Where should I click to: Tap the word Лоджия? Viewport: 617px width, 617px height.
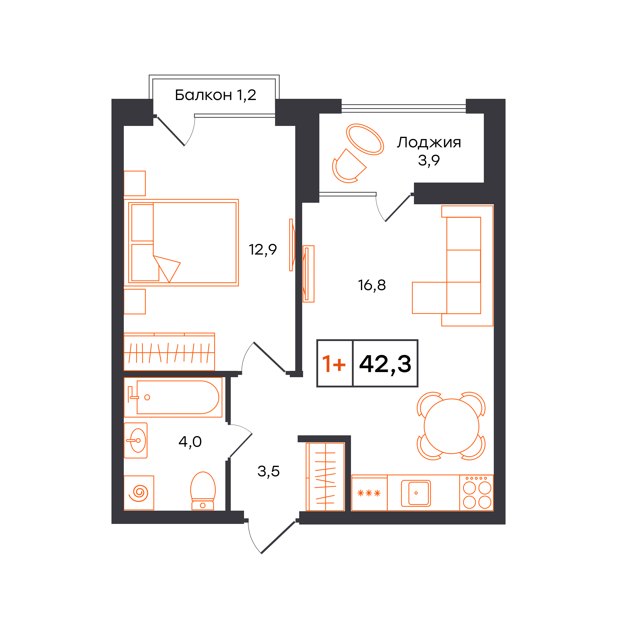tap(429, 143)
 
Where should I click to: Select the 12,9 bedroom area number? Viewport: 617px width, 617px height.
tap(262, 249)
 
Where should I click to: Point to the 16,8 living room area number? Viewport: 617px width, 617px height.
tap(372, 285)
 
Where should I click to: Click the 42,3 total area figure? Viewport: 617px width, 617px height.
tap(385, 364)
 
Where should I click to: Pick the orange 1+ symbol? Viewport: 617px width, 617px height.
tap(334, 364)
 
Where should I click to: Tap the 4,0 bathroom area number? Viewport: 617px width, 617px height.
tap(190, 442)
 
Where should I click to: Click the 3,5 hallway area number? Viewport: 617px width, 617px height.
tap(268, 471)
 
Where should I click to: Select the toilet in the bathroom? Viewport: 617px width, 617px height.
tap(203, 491)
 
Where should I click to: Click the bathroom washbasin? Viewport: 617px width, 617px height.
tap(136, 441)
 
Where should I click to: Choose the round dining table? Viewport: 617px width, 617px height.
tap(451, 426)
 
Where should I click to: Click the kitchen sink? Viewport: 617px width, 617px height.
tap(416, 493)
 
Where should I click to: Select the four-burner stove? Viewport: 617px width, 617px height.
tap(477, 493)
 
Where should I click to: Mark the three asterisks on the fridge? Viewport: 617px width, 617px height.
tap(369, 493)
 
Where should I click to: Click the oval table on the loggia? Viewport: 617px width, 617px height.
tap(365, 139)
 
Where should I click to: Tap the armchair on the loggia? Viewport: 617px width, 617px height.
tap(349, 166)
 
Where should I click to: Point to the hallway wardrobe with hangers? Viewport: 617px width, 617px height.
tap(325, 477)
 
